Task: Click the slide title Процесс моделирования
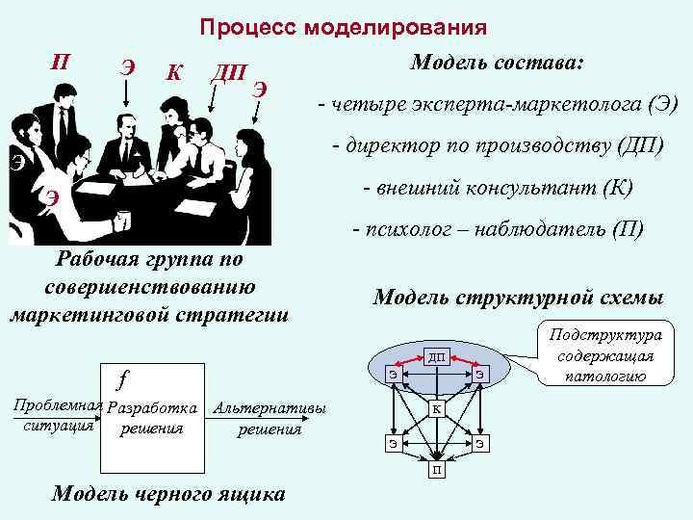click(343, 27)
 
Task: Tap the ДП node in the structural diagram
click(438, 357)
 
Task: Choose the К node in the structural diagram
click(437, 409)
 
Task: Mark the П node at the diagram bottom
click(437, 471)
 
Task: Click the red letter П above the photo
click(61, 63)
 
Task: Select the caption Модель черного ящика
click(168, 494)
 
